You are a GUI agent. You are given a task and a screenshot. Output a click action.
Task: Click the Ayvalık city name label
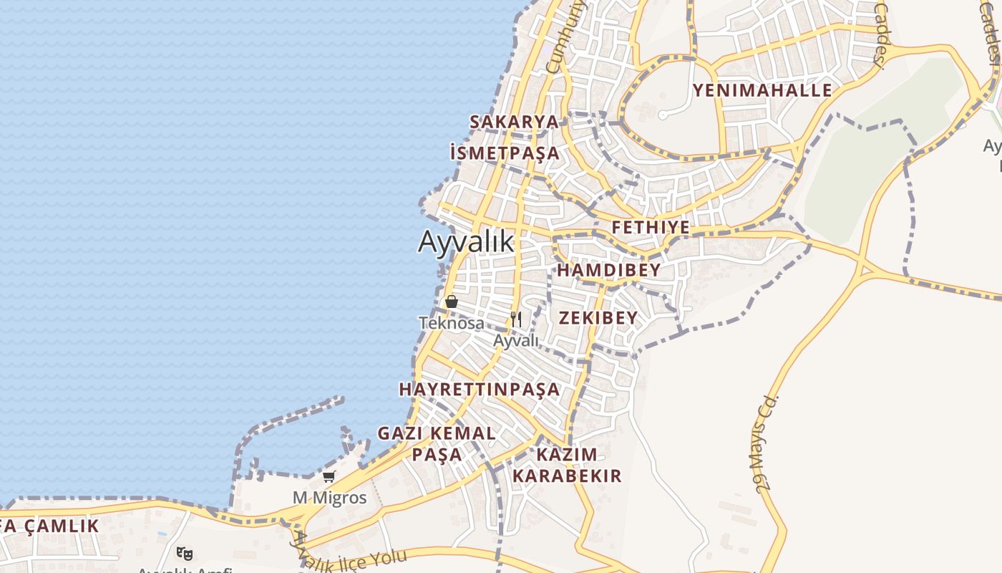[466, 241]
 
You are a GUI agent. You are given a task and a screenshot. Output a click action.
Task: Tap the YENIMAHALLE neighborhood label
[762, 90]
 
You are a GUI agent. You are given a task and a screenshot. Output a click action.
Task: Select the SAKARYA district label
[514, 122]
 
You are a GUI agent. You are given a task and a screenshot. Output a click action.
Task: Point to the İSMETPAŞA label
[505, 153]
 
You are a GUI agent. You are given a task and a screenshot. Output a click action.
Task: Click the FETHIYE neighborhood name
[651, 228]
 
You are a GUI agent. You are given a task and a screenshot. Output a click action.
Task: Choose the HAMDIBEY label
[609, 270]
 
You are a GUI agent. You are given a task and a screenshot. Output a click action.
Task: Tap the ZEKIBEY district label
[598, 318]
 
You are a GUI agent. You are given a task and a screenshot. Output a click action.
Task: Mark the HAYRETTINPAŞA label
[479, 389]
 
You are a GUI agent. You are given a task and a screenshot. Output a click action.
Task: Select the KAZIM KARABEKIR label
[567, 465]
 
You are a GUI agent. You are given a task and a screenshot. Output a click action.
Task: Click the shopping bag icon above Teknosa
[452, 302]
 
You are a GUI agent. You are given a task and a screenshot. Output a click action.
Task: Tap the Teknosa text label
[451, 323]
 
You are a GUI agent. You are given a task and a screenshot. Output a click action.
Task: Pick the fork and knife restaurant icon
[516, 319]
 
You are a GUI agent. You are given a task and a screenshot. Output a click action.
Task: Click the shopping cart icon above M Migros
[329, 476]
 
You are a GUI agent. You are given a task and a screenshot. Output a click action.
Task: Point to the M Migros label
[329, 497]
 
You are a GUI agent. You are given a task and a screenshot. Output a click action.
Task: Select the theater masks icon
[185, 553]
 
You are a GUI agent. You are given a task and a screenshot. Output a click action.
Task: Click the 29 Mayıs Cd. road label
[767, 443]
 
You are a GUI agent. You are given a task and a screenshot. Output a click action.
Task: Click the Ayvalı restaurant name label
[516, 340]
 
